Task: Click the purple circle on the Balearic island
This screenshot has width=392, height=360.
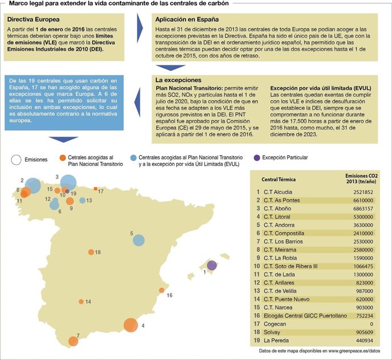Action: pyautogui.click(x=212, y=266)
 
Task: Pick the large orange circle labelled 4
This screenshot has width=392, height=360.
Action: pyautogui.click(x=130, y=325)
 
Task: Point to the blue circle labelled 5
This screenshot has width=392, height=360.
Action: pyautogui.click(x=139, y=240)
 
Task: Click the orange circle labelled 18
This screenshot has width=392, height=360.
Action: pyautogui.click(x=91, y=252)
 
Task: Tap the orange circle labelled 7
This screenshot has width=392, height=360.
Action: pyautogui.click(x=73, y=341)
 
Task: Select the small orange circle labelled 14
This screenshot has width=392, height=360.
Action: pyautogui.click(x=81, y=301)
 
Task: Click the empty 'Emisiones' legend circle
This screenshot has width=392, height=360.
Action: pyautogui.click(x=16, y=160)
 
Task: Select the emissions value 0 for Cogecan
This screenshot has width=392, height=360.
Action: pyautogui.click(x=371, y=324)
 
